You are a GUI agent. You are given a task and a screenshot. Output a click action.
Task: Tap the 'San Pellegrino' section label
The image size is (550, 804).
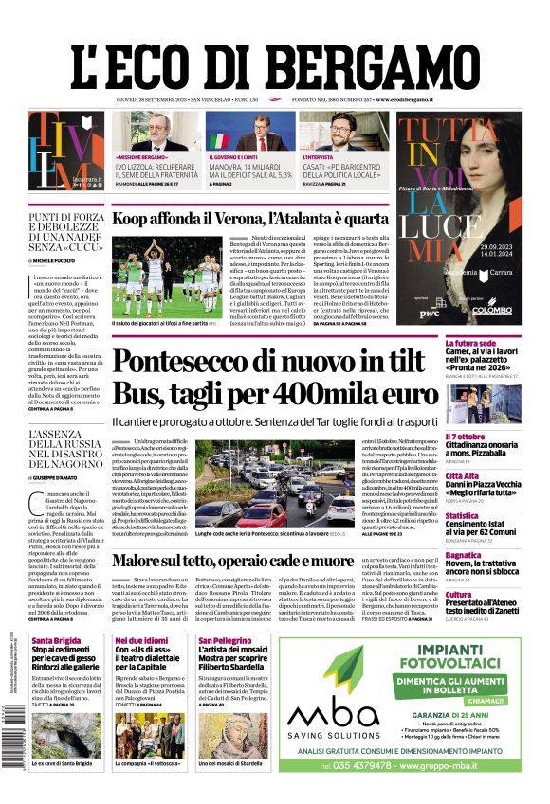224,639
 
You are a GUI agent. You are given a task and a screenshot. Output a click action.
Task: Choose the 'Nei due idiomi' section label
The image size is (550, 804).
140,639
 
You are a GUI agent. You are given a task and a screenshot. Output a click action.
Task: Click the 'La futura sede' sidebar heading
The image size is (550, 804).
470,343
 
